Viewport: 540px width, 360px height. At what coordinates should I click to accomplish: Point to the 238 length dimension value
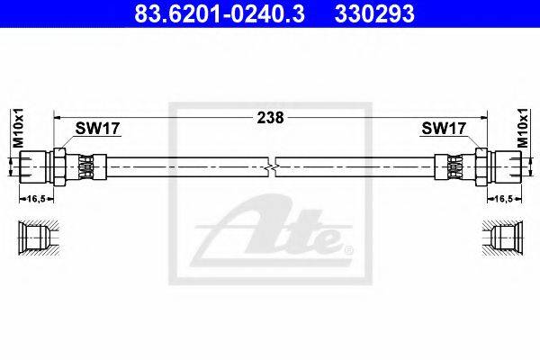pyautogui.click(x=271, y=117)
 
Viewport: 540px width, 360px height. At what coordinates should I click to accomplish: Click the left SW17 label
pyautogui.click(x=97, y=129)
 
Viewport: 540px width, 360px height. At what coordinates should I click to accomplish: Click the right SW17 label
pyautogui.click(x=443, y=129)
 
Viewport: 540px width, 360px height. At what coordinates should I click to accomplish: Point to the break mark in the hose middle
pyautogui.click(x=273, y=166)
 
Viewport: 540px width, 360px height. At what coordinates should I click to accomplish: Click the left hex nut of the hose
pyautogui.click(x=59, y=166)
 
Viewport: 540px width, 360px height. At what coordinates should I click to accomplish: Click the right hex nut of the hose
pyautogui.click(x=481, y=166)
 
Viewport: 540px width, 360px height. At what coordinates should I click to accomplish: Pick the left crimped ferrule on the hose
pyautogui.click(x=87, y=166)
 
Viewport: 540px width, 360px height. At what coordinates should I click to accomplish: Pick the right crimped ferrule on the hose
pyautogui.click(x=453, y=166)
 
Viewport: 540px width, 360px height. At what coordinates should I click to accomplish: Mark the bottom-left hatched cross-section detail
pyautogui.click(x=38, y=238)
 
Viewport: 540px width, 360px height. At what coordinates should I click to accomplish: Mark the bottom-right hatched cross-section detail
pyautogui.click(x=502, y=238)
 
